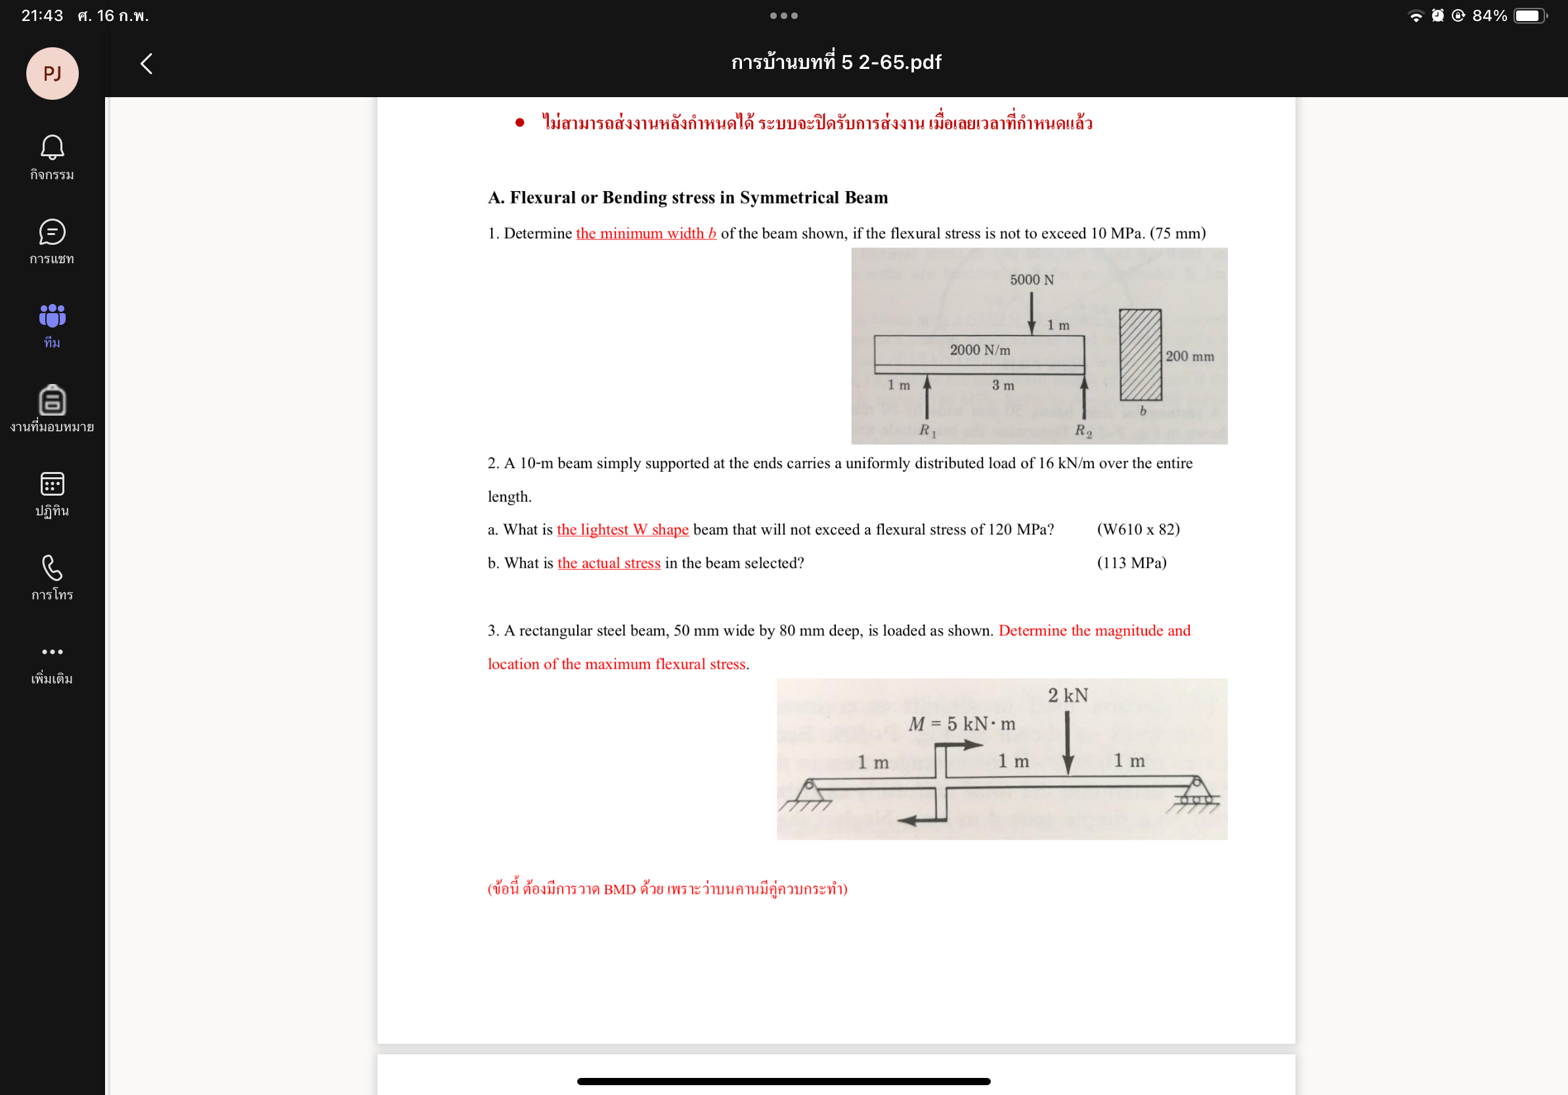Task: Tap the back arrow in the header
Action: tap(146, 64)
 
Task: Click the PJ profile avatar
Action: tap(52, 73)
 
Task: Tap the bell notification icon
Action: tap(52, 147)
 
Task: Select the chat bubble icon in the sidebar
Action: tap(52, 232)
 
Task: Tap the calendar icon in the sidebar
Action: tap(52, 484)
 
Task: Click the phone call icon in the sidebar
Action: tap(52, 568)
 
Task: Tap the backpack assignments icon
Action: tap(52, 400)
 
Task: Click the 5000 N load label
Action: tap(1032, 280)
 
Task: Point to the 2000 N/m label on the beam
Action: tap(979, 350)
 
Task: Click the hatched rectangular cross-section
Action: tap(1140, 355)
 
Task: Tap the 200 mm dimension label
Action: tap(1189, 356)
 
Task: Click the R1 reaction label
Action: tap(926, 430)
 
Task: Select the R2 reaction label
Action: tap(1083, 430)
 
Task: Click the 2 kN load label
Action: tap(1068, 696)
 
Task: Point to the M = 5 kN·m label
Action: tap(961, 723)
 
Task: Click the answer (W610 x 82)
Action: tap(1138, 529)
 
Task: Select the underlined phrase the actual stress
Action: tap(609, 563)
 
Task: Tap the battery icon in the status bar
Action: tap(1529, 16)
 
